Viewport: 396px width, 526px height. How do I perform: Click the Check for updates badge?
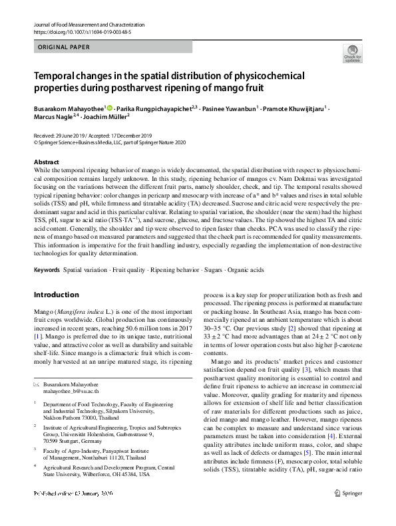[352, 53]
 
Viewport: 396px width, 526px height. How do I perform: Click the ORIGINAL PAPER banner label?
[64, 47]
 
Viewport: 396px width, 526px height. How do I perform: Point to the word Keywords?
[46, 271]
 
